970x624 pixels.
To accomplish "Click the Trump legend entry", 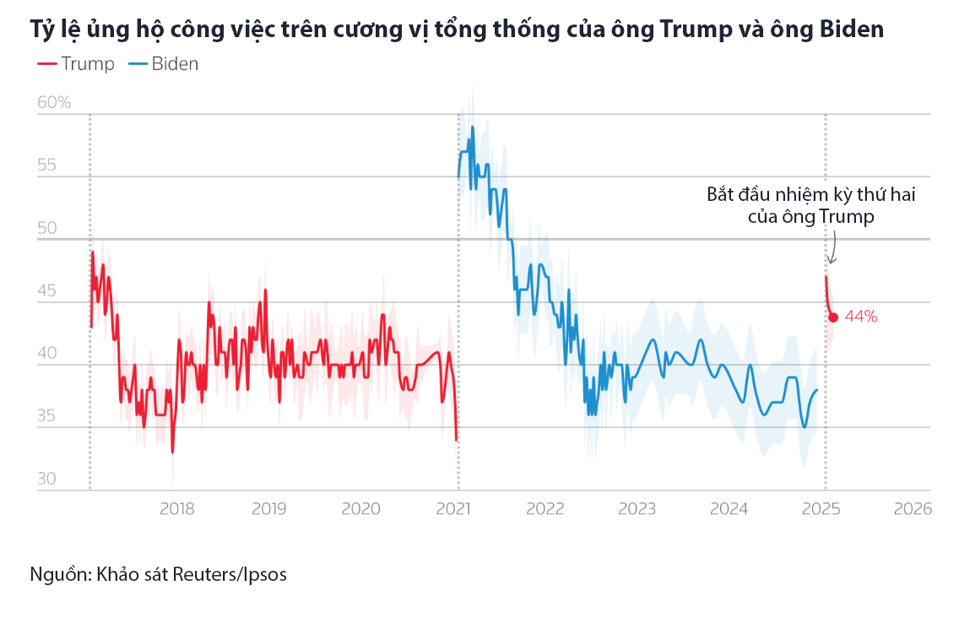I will click(x=76, y=64).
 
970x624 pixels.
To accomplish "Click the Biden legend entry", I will click(x=164, y=64).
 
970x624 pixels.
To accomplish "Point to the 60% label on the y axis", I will click(x=54, y=102).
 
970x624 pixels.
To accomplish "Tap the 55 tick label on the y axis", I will click(x=48, y=165).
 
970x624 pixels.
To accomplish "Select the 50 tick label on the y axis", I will click(x=48, y=228).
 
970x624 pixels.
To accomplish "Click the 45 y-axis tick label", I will click(x=48, y=291).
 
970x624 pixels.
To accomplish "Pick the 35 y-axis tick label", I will click(x=48, y=416).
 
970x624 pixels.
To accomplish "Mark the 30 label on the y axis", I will click(x=48, y=479).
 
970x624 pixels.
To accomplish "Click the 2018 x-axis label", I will click(x=176, y=509).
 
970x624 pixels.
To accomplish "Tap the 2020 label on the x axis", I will click(x=360, y=509).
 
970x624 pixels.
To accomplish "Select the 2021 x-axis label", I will click(x=453, y=509).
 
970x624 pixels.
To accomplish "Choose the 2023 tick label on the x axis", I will click(x=637, y=509).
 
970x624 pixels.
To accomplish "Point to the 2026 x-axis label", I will click(x=913, y=509).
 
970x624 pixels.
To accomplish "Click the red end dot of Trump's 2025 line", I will click(x=833, y=317).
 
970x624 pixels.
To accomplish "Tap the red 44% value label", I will click(x=861, y=317).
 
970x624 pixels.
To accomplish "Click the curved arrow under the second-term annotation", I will click(x=832, y=250).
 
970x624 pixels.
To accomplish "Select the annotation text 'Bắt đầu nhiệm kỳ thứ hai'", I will click(x=810, y=194).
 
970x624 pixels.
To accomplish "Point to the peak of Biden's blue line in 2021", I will click(x=473, y=128).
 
